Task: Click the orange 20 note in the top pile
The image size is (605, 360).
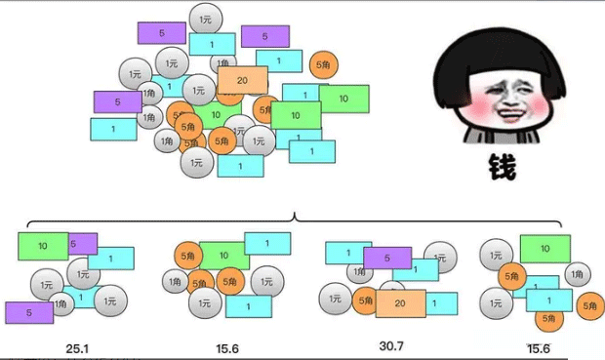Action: (x=242, y=80)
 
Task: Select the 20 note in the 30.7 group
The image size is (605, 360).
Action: (x=401, y=303)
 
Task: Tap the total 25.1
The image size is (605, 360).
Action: (x=78, y=346)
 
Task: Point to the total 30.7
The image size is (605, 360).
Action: (x=393, y=346)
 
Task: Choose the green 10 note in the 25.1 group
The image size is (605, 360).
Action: (x=41, y=246)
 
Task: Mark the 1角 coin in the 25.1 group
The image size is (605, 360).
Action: (x=60, y=304)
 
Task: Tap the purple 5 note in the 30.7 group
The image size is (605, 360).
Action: (x=387, y=259)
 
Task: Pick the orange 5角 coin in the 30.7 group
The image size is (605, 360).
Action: (x=365, y=300)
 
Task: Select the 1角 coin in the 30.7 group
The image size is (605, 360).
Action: (x=392, y=288)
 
